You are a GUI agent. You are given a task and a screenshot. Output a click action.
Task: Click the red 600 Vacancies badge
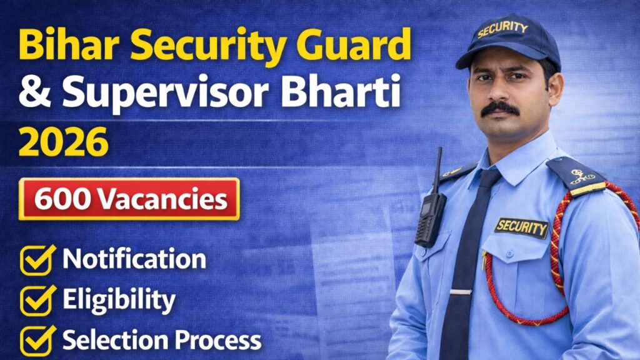129,199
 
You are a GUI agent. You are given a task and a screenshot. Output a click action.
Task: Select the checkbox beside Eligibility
38,301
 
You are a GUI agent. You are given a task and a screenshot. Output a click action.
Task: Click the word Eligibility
119,301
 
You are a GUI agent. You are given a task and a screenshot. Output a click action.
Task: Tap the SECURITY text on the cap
502,29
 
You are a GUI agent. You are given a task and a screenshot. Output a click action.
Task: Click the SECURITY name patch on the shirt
521,227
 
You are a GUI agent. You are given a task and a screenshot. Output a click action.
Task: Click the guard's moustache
500,107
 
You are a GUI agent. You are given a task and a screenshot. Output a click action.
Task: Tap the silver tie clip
461,292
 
